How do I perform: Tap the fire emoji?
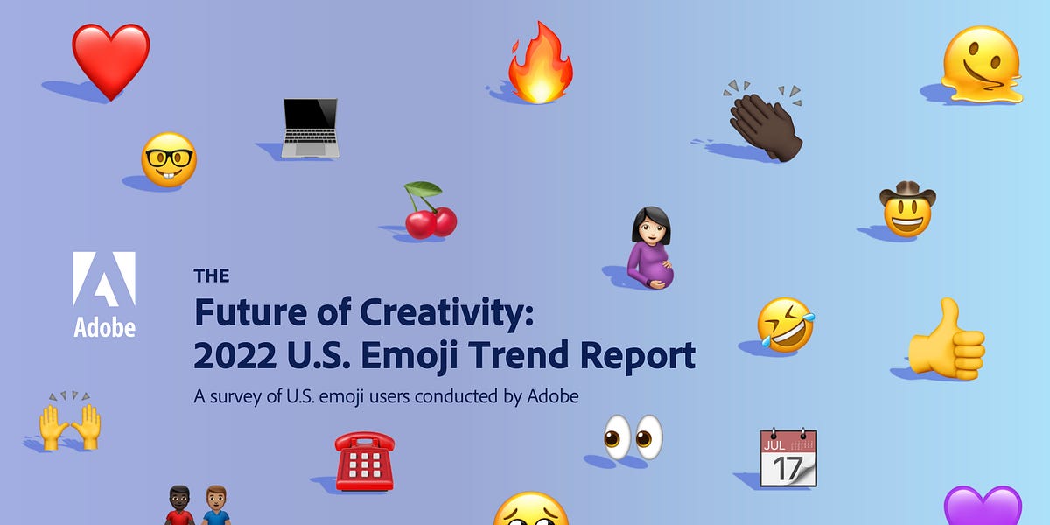(x=540, y=66)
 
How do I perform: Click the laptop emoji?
(x=311, y=128)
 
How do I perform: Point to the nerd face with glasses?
(x=169, y=159)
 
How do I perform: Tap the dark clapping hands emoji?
(x=765, y=124)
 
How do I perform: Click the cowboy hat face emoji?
(x=907, y=211)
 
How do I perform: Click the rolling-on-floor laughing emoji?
(x=785, y=325)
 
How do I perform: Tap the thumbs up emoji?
(x=947, y=341)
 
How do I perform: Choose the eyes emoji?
(x=633, y=437)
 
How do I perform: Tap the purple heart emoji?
(x=982, y=507)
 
